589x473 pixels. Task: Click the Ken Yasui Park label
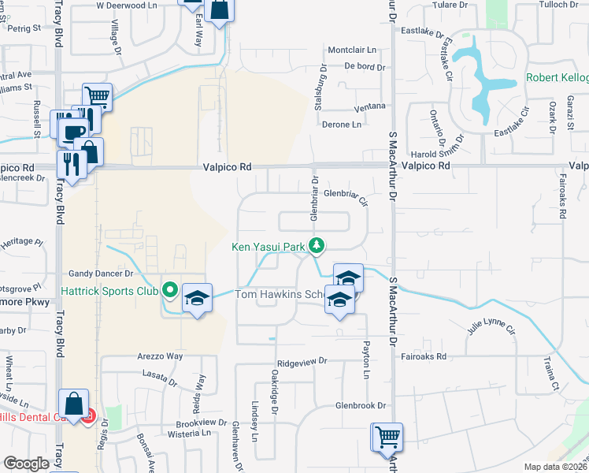pyautogui.click(x=268, y=247)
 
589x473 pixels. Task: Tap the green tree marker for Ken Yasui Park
pyautogui.click(x=317, y=246)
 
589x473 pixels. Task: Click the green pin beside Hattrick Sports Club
pyautogui.click(x=168, y=289)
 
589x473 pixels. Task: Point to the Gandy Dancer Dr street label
pyautogui.click(x=101, y=273)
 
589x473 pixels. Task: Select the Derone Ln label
pyautogui.click(x=341, y=124)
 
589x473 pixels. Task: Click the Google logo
pyautogui.click(x=25, y=464)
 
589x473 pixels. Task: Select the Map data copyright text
pyautogui.click(x=554, y=467)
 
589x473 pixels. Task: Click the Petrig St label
pyautogui.click(x=24, y=28)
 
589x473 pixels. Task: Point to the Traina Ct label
pyautogui.click(x=550, y=374)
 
